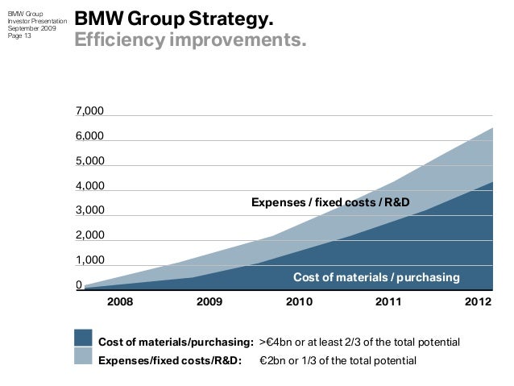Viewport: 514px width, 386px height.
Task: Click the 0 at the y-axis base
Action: (x=78, y=284)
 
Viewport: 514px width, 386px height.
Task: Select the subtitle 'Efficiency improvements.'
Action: (x=190, y=39)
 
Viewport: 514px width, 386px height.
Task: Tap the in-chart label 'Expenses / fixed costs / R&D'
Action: (x=330, y=201)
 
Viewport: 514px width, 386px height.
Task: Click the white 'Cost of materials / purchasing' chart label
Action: (x=375, y=278)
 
